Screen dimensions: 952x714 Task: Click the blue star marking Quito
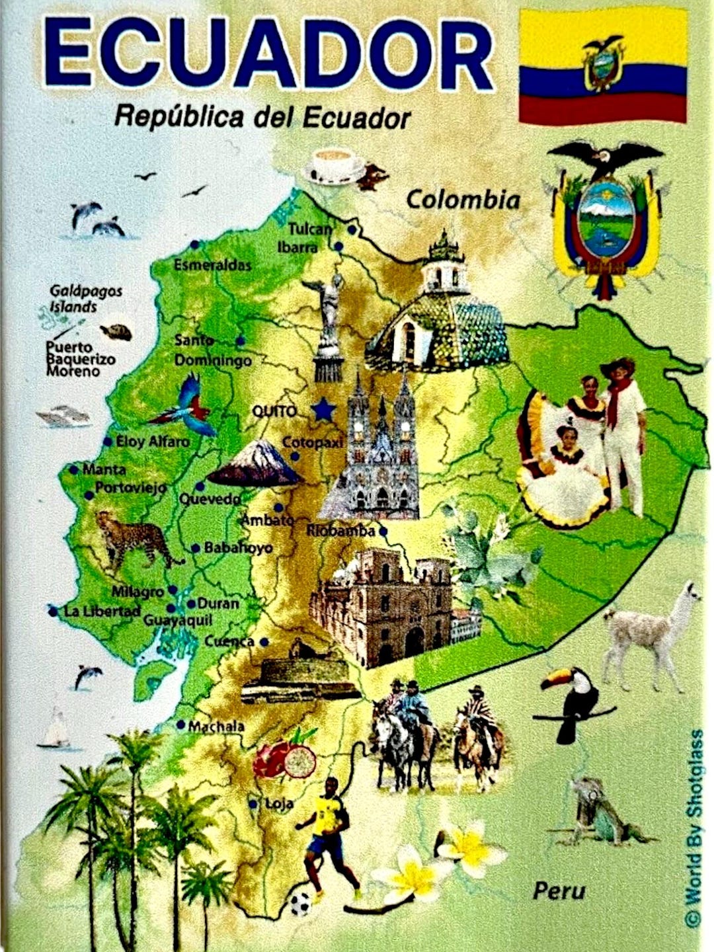(x=323, y=410)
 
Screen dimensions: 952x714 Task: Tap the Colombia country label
(x=463, y=199)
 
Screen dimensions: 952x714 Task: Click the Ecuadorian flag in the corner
(x=602, y=66)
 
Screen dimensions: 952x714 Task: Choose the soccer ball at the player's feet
(x=301, y=902)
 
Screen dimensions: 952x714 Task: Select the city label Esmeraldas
(x=212, y=265)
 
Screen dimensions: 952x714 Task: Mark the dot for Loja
(x=253, y=805)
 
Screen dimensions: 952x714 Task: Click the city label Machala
(x=216, y=727)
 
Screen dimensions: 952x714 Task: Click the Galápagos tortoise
(x=117, y=331)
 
